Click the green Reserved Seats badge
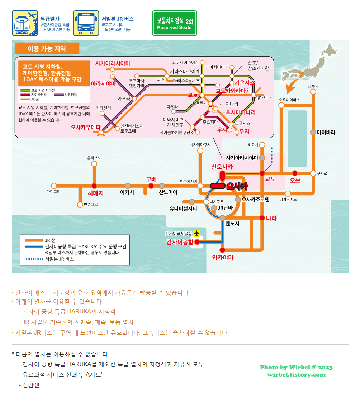(x=175, y=23)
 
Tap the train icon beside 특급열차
(x=25, y=23)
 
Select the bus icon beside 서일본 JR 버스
(x=86, y=23)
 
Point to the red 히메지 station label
(x=95, y=193)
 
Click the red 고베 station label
(x=151, y=179)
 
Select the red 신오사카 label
(x=222, y=167)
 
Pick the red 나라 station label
(x=271, y=218)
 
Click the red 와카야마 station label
(x=222, y=258)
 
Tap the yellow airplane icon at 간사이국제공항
(x=196, y=233)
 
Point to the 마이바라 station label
(x=326, y=132)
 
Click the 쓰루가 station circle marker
(x=313, y=92)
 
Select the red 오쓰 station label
(x=295, y=180)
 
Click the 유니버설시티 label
(x=183, y=209)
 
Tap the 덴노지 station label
(x=232, y=224)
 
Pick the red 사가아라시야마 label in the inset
(x=113, y=63)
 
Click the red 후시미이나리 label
(x=241, y=112)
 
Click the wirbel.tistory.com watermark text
(x=296, y=375)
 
